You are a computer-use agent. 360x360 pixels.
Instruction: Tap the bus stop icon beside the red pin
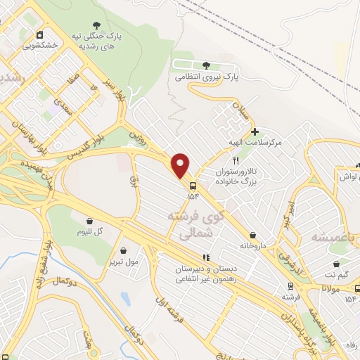(x=191, y=186)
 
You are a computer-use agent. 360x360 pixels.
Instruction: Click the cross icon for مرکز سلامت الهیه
(x=254, y=131)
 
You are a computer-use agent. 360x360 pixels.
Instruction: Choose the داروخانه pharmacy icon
(x=253, y=236)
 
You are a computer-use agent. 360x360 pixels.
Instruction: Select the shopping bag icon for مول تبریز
(x=124, y=250)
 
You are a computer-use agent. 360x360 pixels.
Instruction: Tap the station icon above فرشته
(x=289, y=286)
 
